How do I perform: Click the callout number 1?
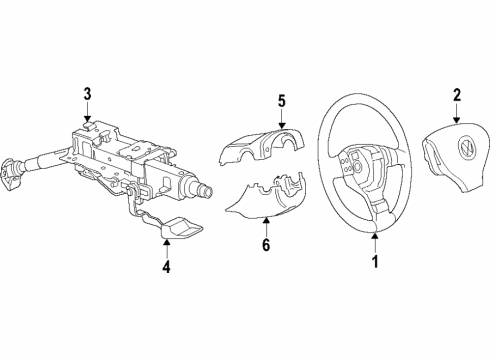pyautogui.click(x=375, y=262)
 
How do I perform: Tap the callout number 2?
pyautogui.click(x=457, y=95)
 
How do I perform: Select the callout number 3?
pyautogui.click(x=87, y=94)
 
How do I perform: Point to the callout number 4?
pyautogui.click(x=166, y=267)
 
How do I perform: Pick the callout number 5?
pyautogui.click(x=282, y=101)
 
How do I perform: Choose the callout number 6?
pyautogui.click(x=266, y=245)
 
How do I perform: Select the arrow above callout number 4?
pyautogui.click(x=166, y=249)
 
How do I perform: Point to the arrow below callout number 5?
pyautogui.click(x=282, y=118)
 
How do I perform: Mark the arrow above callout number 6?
pyautogui.click(x=266, y=227)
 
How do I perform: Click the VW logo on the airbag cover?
pyautogui.click(x=466, y=148)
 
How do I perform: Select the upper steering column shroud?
pyautogui.click(x=262, y=146)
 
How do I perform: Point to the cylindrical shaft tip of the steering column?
pyautogui.click(x=204, y=191)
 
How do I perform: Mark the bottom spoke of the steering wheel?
pyautogui.click(x=379, y=208)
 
